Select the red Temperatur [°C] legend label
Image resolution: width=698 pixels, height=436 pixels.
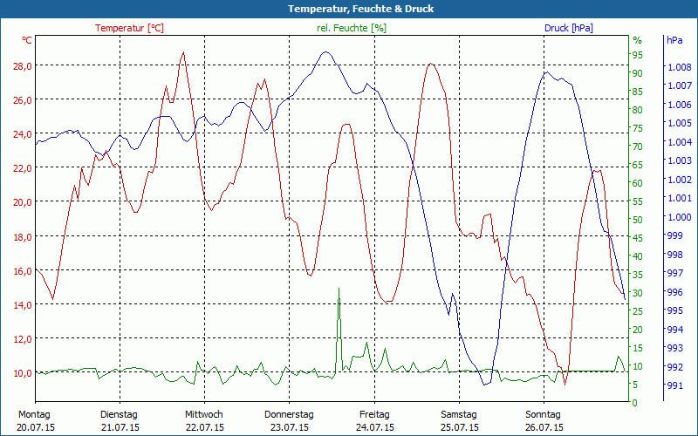(129, 28)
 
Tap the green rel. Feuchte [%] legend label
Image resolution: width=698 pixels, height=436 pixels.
(352, 28)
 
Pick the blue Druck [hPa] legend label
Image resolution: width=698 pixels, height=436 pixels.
(568, 28)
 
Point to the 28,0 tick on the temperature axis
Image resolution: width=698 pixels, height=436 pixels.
(22, 65)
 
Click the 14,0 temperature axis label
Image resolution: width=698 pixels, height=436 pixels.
(22, 304)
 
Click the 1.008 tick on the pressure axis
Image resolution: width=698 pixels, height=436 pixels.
(679, 66)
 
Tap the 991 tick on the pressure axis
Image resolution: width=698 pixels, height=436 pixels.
(674, 385)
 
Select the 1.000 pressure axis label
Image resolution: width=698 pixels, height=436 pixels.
(679, 216)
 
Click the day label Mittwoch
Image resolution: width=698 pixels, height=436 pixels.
(204, 414)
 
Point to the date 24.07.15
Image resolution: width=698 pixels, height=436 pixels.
(375, 427)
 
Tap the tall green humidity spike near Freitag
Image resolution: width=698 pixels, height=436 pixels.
(339, 290)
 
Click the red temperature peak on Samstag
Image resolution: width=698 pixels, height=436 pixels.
(430, 64)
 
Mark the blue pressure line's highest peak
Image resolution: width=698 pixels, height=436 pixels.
(326, 51)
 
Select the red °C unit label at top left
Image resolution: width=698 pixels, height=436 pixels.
(27, 40)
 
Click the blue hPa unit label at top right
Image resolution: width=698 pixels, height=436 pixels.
(674, 40)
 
